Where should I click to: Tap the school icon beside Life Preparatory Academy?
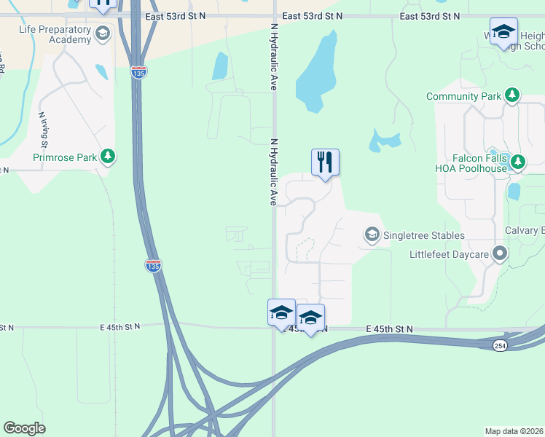pos(102,34)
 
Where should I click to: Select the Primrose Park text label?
pos(65,157)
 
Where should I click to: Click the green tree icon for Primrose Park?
pos(108,156)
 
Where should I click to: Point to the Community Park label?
pos(463,96)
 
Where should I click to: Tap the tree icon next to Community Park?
pos(512,95)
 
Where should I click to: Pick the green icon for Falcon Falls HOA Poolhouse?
pos(518,162)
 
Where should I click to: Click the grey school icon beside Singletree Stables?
pos(372,235)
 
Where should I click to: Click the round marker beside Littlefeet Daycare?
pos(500,253)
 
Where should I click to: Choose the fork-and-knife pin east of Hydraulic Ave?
pos(326,162)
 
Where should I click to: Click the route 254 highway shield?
pos(499,345)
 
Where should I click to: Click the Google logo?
pos(24,428)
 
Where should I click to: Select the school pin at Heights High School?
pos(503,31)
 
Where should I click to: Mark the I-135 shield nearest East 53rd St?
pos(138,72)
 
